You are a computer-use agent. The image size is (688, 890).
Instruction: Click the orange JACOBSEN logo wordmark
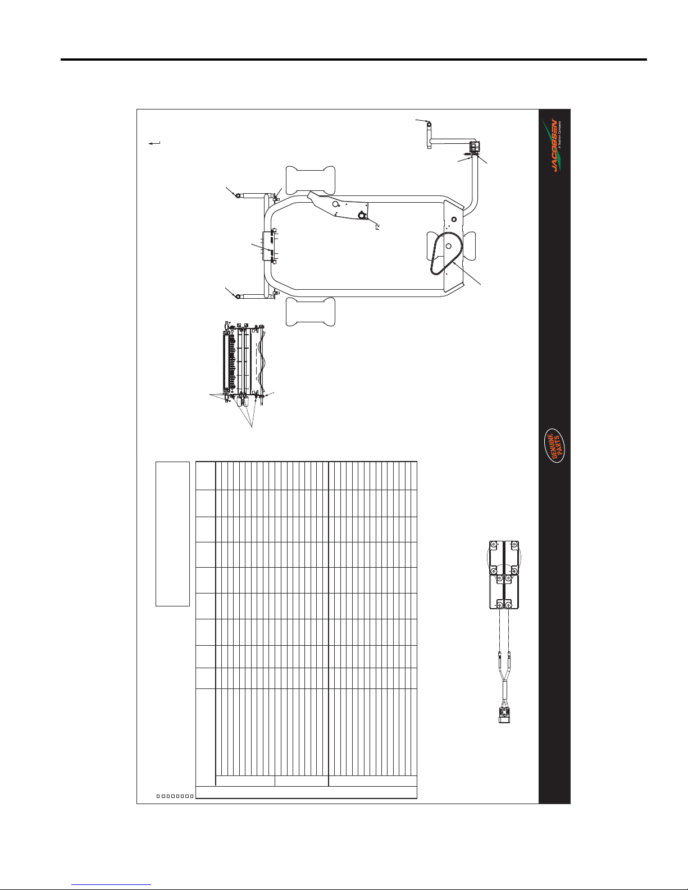click(553, 145)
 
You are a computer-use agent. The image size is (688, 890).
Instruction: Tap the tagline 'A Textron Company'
click(560, 134)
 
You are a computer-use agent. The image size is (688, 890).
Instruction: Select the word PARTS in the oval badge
click(558, 446)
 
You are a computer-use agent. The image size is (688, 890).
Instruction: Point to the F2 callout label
click(377, 226)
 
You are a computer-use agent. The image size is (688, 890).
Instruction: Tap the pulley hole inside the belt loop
click(448, 246)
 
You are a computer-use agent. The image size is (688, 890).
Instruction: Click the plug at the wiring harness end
click(504, 714)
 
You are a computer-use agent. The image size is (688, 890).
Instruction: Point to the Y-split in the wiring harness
click(504, 676)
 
